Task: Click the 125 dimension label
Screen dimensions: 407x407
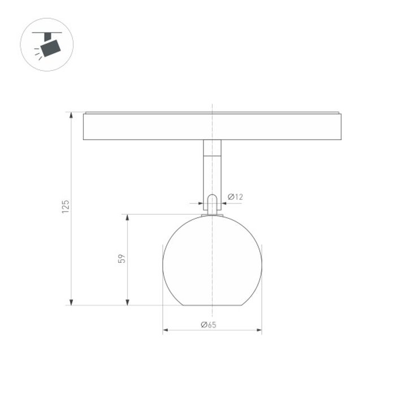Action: pyautogui.click(x=66, y=207)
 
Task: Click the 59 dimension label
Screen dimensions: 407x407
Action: pyautogui.click(x=122, y=259)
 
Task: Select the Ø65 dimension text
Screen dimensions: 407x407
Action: pyautogui.click(x=209, y=324)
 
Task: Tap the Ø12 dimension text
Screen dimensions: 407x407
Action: pyautogui.click(x=235, y=197)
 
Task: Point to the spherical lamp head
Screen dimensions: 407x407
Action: pyautogui.click(x=212, y=260)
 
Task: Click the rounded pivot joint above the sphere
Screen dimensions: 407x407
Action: pyautogui.click(x=212, y=203)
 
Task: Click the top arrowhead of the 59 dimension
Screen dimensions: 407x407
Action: pyautogui.click(x=127, y=218)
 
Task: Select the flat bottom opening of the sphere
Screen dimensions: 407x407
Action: pyautogui.click(x=212, y=305)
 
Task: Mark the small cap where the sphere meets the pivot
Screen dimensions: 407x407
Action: pyautogui.click(x=212, y=215)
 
